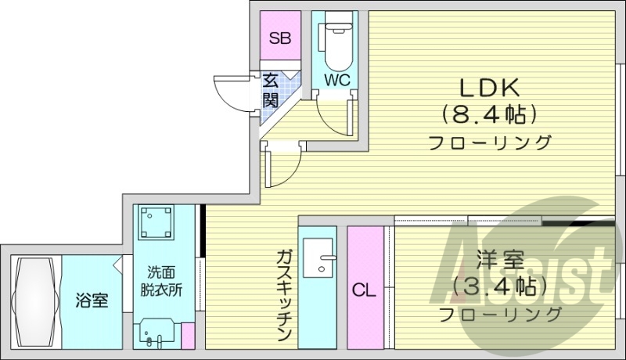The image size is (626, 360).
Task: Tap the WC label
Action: click(x=337, y=80)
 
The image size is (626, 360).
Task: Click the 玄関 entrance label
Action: click(x=270, y=90)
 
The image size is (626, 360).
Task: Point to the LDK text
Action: click(x=490, y=86)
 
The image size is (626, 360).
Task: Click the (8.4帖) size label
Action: click(x=490, y=114)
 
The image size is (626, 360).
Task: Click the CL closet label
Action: click(x=363, y=291)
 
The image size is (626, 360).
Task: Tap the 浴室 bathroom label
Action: click(x=92, y=300)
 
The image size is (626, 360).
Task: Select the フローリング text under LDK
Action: click(x=490, y=143)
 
